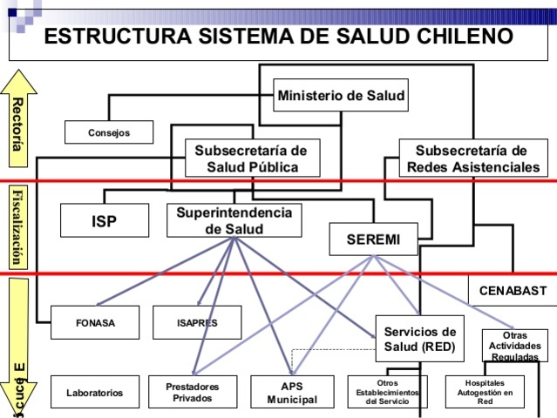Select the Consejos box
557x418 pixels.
coord(109,132)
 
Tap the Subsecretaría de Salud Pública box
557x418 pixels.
coord(252,158)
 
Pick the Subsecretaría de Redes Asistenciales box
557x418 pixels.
coord(471,158)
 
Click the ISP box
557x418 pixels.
coord(104,220)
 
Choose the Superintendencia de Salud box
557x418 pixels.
coord(234,220)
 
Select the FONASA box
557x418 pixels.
coord(94,322)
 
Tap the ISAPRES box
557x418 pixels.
coord(197,322)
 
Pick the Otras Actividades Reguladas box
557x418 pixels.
coord(514,345)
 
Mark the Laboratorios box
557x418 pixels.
coord(94,393)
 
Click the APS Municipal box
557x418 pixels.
coord(292,393)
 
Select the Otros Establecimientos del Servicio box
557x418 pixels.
coord(387,393)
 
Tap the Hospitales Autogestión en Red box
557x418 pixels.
coord(485,393)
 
